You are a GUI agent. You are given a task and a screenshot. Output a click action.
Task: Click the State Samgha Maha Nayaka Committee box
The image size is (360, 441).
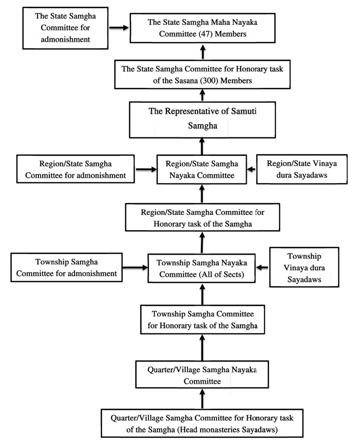[x=203, y=28]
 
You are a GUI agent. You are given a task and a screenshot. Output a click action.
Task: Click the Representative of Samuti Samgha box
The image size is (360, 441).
[x=203, y=120]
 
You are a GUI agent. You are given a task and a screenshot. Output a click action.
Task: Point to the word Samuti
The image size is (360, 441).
[x=244, y=111]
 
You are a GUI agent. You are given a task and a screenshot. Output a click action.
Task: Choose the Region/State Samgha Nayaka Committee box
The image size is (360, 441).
[x=202, y=169]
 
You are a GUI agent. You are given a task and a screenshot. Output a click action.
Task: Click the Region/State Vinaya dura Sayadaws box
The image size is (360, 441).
[x=302, y=169]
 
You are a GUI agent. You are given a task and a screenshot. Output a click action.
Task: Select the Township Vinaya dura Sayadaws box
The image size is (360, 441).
[x=304, y=267]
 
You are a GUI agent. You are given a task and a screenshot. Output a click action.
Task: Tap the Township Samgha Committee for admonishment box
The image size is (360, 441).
[x=67, y=268]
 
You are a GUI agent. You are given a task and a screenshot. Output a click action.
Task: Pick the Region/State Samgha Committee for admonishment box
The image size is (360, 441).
[x=75, y=169]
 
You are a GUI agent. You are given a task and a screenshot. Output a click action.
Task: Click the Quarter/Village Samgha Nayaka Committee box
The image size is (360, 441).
[x=202, y=375]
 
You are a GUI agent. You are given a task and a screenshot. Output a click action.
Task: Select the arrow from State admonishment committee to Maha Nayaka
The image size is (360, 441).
[x=119, y=27]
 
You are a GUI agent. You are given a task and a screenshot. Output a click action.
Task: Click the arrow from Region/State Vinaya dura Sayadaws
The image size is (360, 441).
[x=252, y=169]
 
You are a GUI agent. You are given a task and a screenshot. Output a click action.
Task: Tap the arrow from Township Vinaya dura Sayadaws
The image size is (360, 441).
[x=262, y=268]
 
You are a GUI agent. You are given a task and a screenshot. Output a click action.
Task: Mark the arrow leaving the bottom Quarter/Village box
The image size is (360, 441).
[x=202, y=399]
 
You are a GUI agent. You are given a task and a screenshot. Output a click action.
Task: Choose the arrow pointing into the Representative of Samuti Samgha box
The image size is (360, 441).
[x=202, y=146]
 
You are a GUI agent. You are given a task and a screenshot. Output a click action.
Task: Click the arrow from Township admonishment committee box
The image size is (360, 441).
[x=135, y=268]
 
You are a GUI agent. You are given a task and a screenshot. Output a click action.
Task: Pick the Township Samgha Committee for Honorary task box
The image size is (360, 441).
[x=203, y=319]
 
